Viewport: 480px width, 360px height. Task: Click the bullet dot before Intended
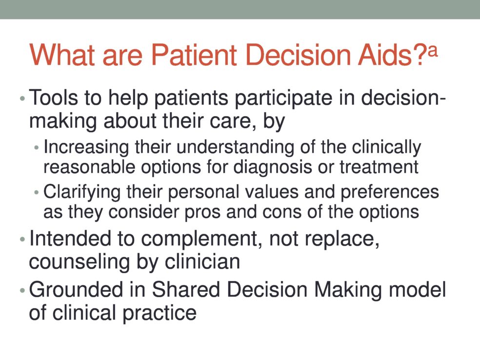pos(22,240)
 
